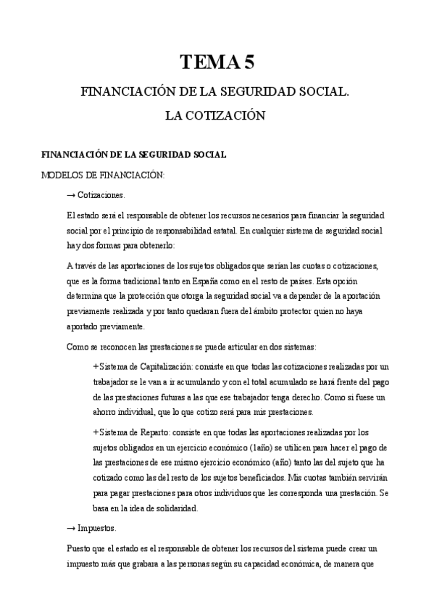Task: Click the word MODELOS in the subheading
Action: pyautogui.click(x=62, y=175)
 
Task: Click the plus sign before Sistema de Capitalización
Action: pyautogui.click(x=96, y=366)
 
